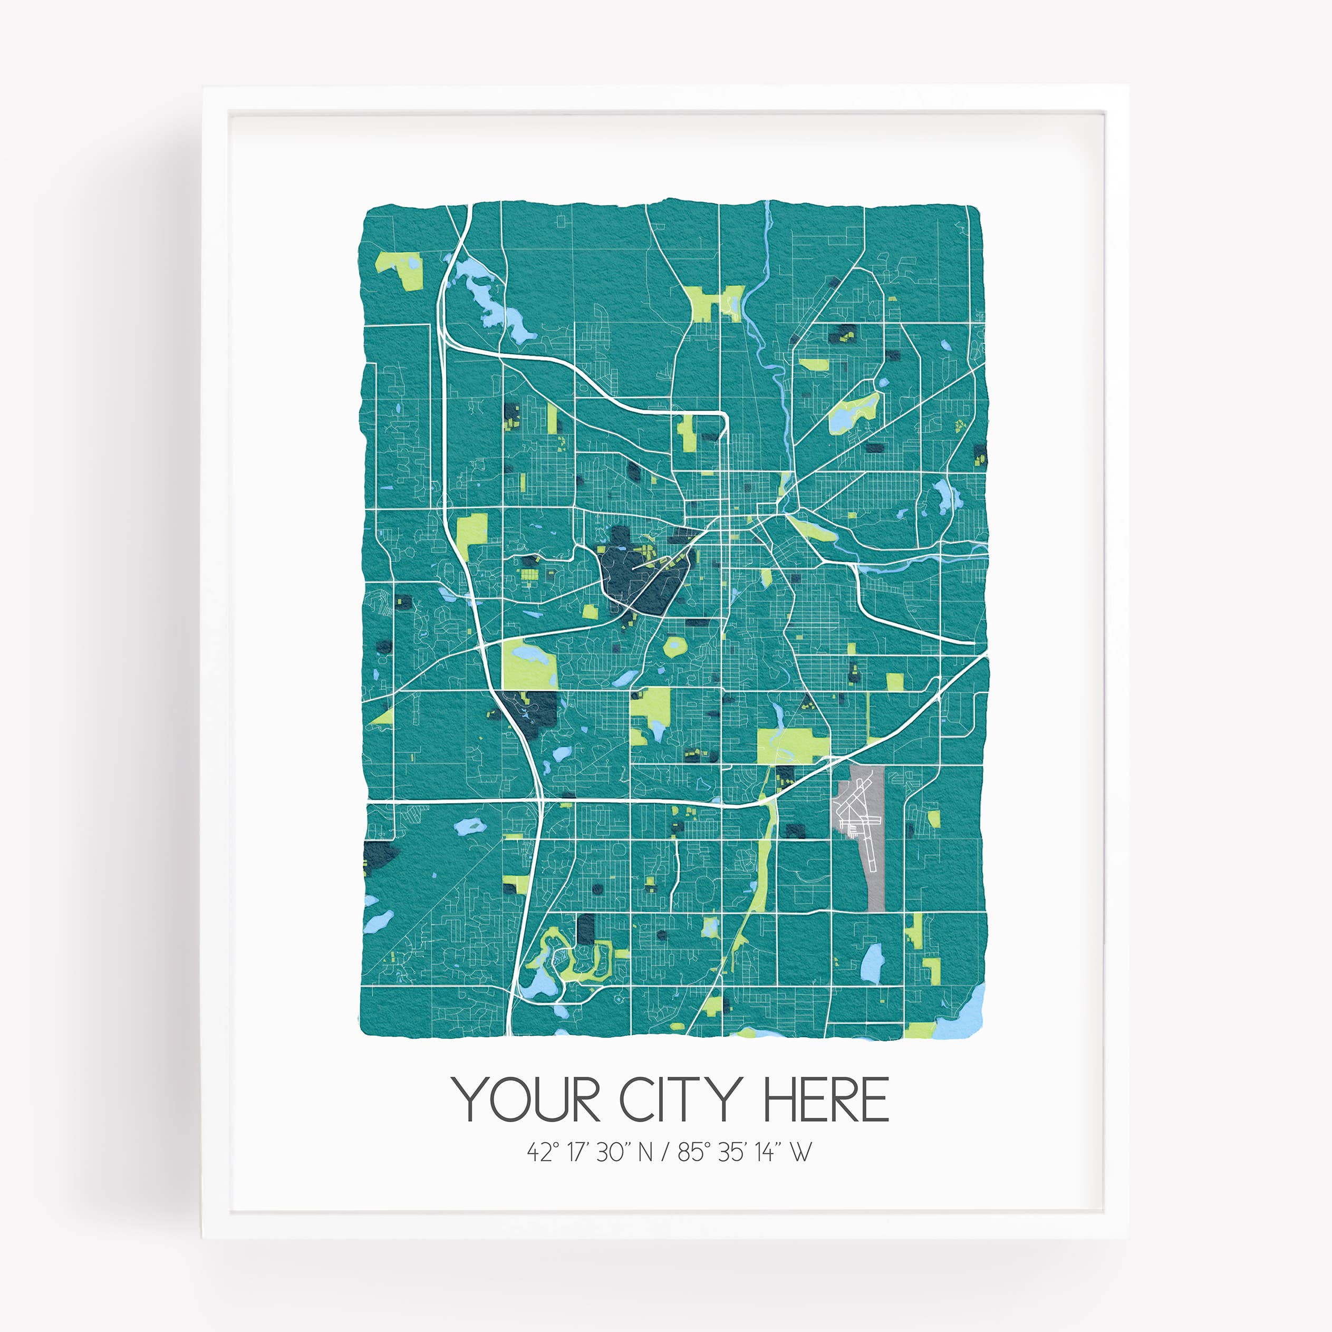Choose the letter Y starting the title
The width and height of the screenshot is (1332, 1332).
[467, 1101]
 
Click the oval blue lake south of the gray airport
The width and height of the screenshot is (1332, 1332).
[872, 958]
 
